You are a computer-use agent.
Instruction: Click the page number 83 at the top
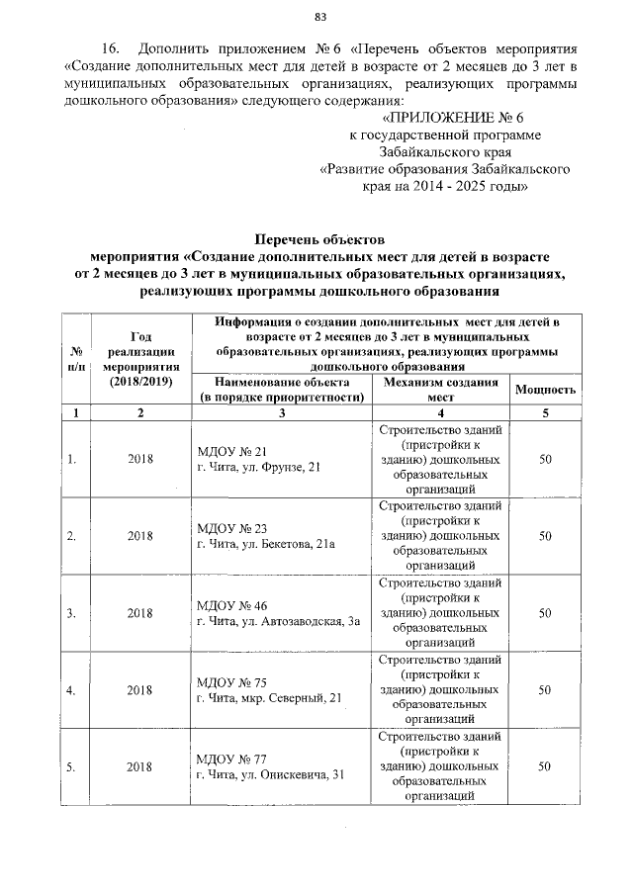[x=319, y=16]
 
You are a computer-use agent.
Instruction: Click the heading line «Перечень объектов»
[x=318, y=239]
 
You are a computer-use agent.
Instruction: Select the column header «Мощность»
[x=544, y=389]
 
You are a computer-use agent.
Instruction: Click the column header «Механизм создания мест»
[x=439, y=389]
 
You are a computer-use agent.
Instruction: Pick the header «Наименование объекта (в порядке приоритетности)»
[x=282, y=389]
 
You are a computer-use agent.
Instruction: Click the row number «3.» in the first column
[x=71, y=613]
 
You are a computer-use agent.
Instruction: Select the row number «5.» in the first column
[x=71, y=766]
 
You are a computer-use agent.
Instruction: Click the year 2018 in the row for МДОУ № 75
[x=140, y=690]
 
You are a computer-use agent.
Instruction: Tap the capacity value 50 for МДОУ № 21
[x=544, y=459]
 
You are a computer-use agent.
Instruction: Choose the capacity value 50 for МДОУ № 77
[x=544, y=766]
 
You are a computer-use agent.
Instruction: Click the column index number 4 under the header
[x=439, y=412]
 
